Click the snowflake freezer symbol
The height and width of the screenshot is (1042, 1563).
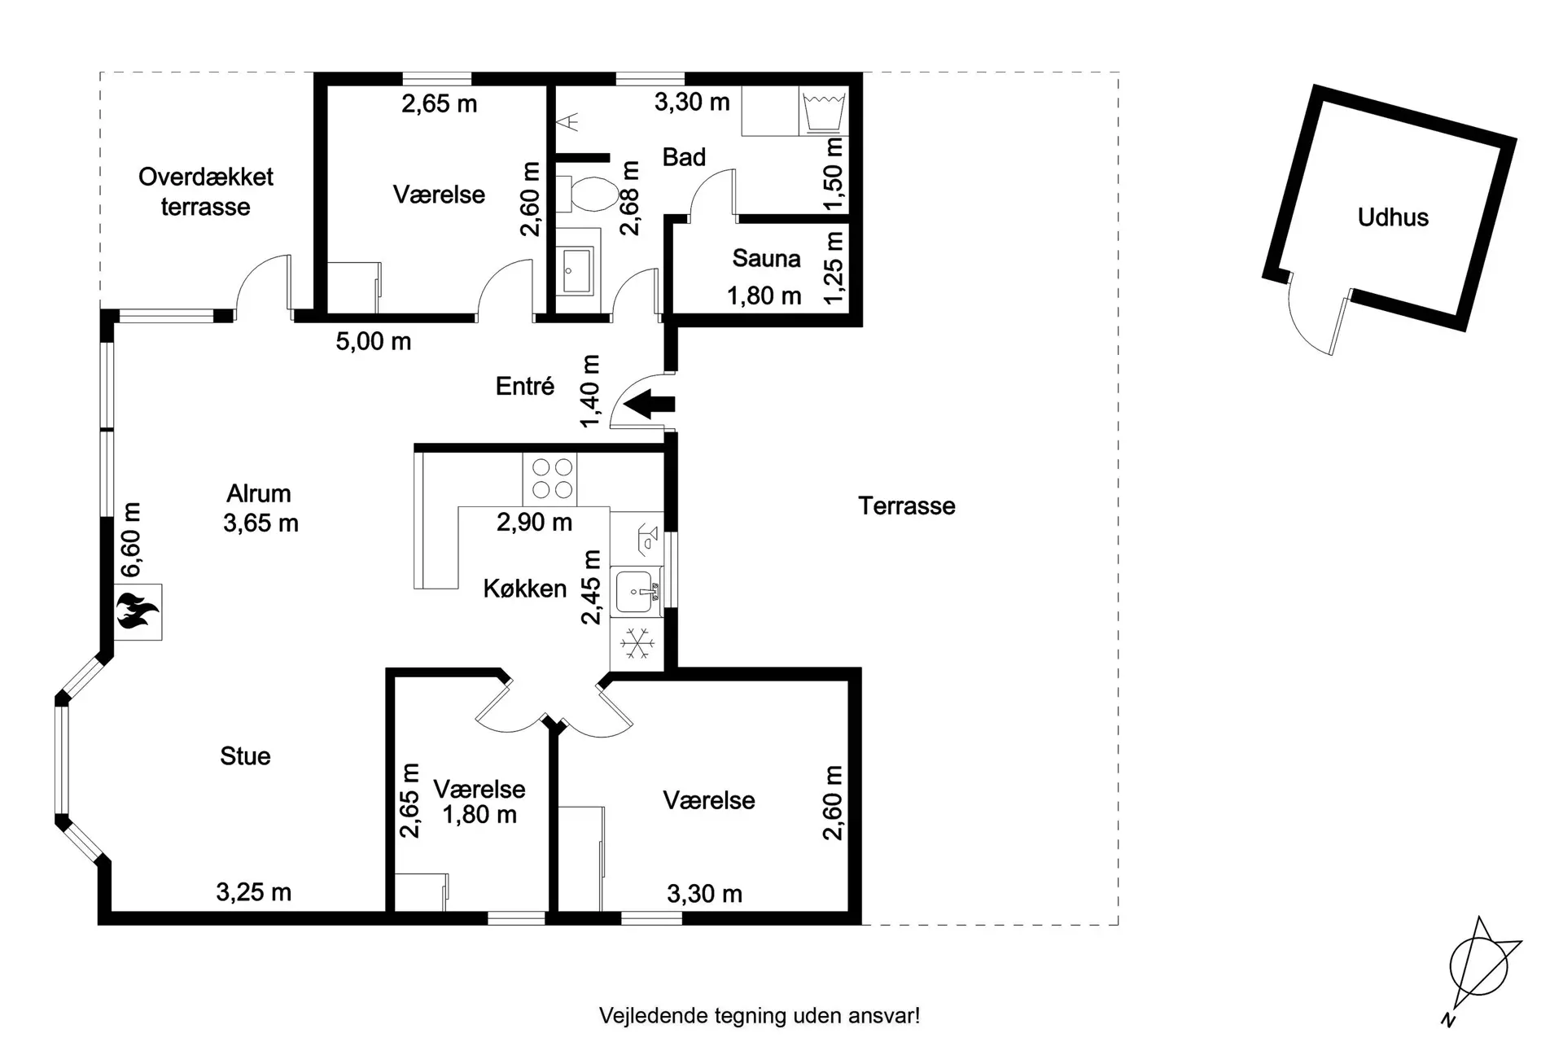[x=637, y=643]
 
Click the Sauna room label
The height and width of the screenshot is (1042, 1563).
[x=766, y=259]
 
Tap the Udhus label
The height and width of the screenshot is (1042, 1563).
[x=1393, y=217]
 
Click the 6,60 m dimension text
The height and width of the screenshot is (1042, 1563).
[x=130, y=540]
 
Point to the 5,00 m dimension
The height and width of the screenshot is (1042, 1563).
[x=374, y=342]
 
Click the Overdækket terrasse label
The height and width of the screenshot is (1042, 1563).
[x=206, y=191]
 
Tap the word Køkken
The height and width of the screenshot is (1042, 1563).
[x=525, y=589]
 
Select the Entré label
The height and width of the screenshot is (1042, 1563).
[x=525, y=386]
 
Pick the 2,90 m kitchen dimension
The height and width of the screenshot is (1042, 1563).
[x=534, y=522]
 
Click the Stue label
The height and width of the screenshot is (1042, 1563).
[x=245, y=756]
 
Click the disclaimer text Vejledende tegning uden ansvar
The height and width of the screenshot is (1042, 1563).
[x=760, y=1016]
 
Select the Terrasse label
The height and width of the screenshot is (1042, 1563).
[x=907, y=506]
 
